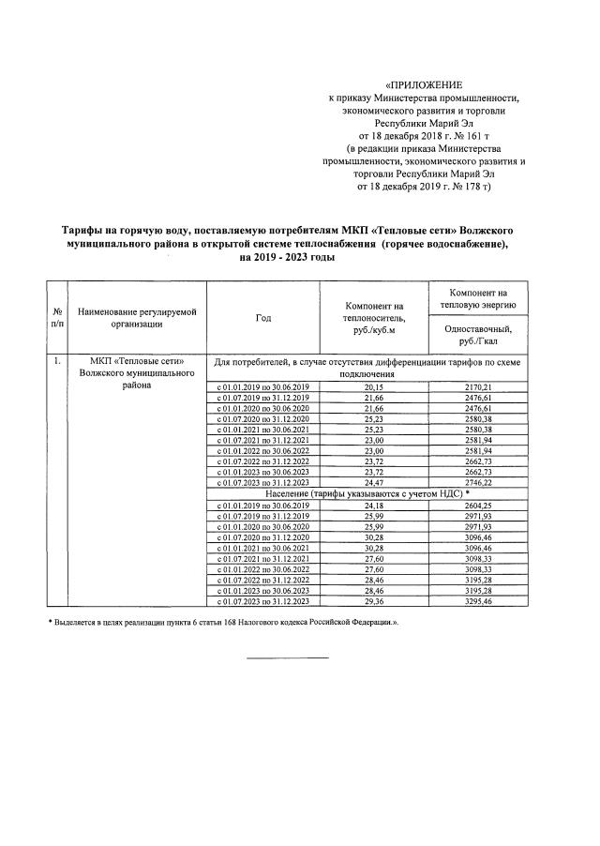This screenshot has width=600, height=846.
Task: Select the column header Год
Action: click(262, 318)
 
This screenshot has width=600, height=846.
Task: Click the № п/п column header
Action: click(58, 318)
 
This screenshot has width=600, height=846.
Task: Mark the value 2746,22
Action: click(478, 482)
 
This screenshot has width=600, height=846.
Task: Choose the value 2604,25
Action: click(478, 505)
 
